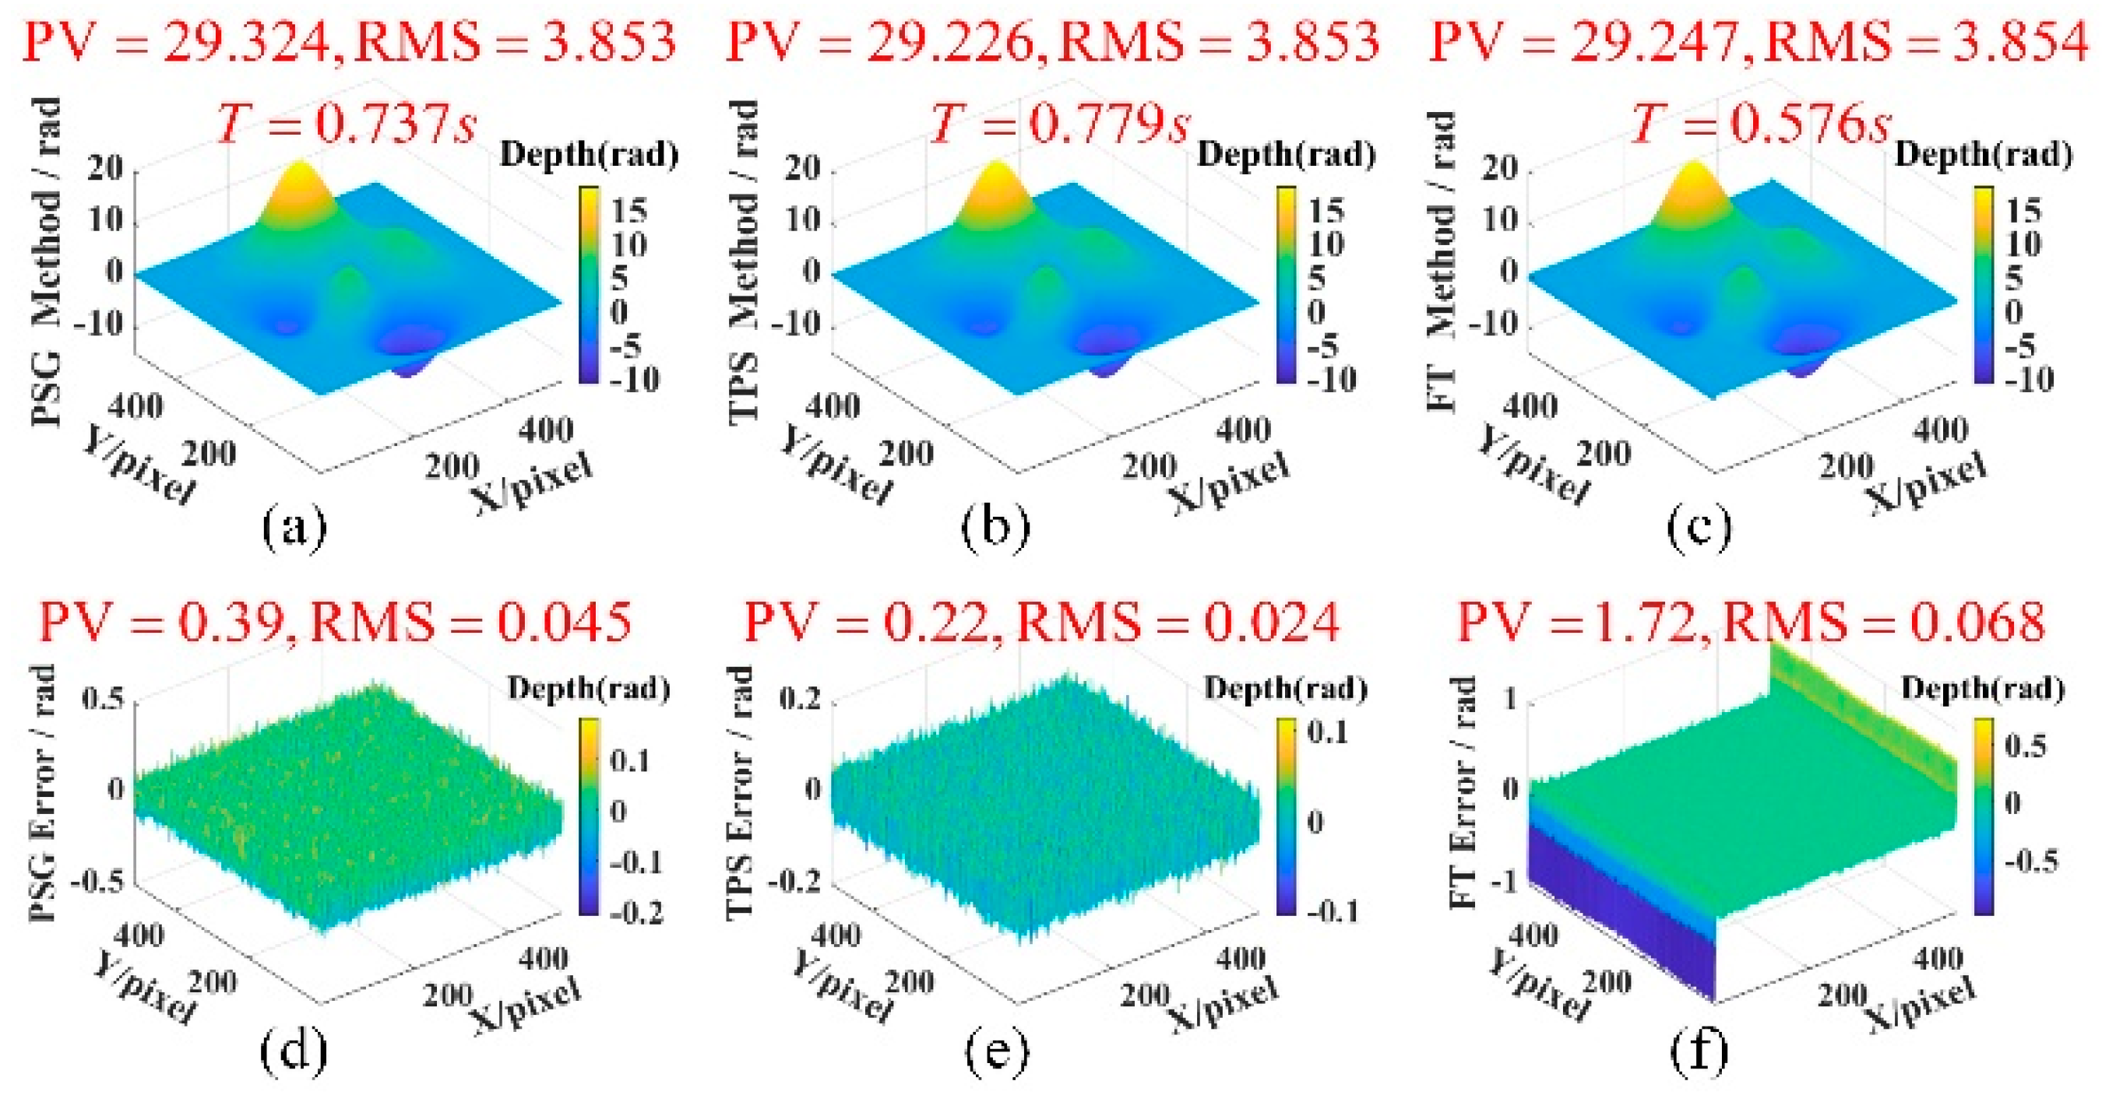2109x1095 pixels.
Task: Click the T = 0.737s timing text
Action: click(347, 125)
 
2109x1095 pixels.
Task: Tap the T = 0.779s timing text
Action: click(1059, 125)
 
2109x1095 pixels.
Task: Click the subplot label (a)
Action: click(294, 528)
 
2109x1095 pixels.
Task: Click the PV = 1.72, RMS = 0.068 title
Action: click(1752, 622)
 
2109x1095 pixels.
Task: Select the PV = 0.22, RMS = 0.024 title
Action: click(1041, 622)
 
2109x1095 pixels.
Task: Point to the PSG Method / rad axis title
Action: click(47, 262)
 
